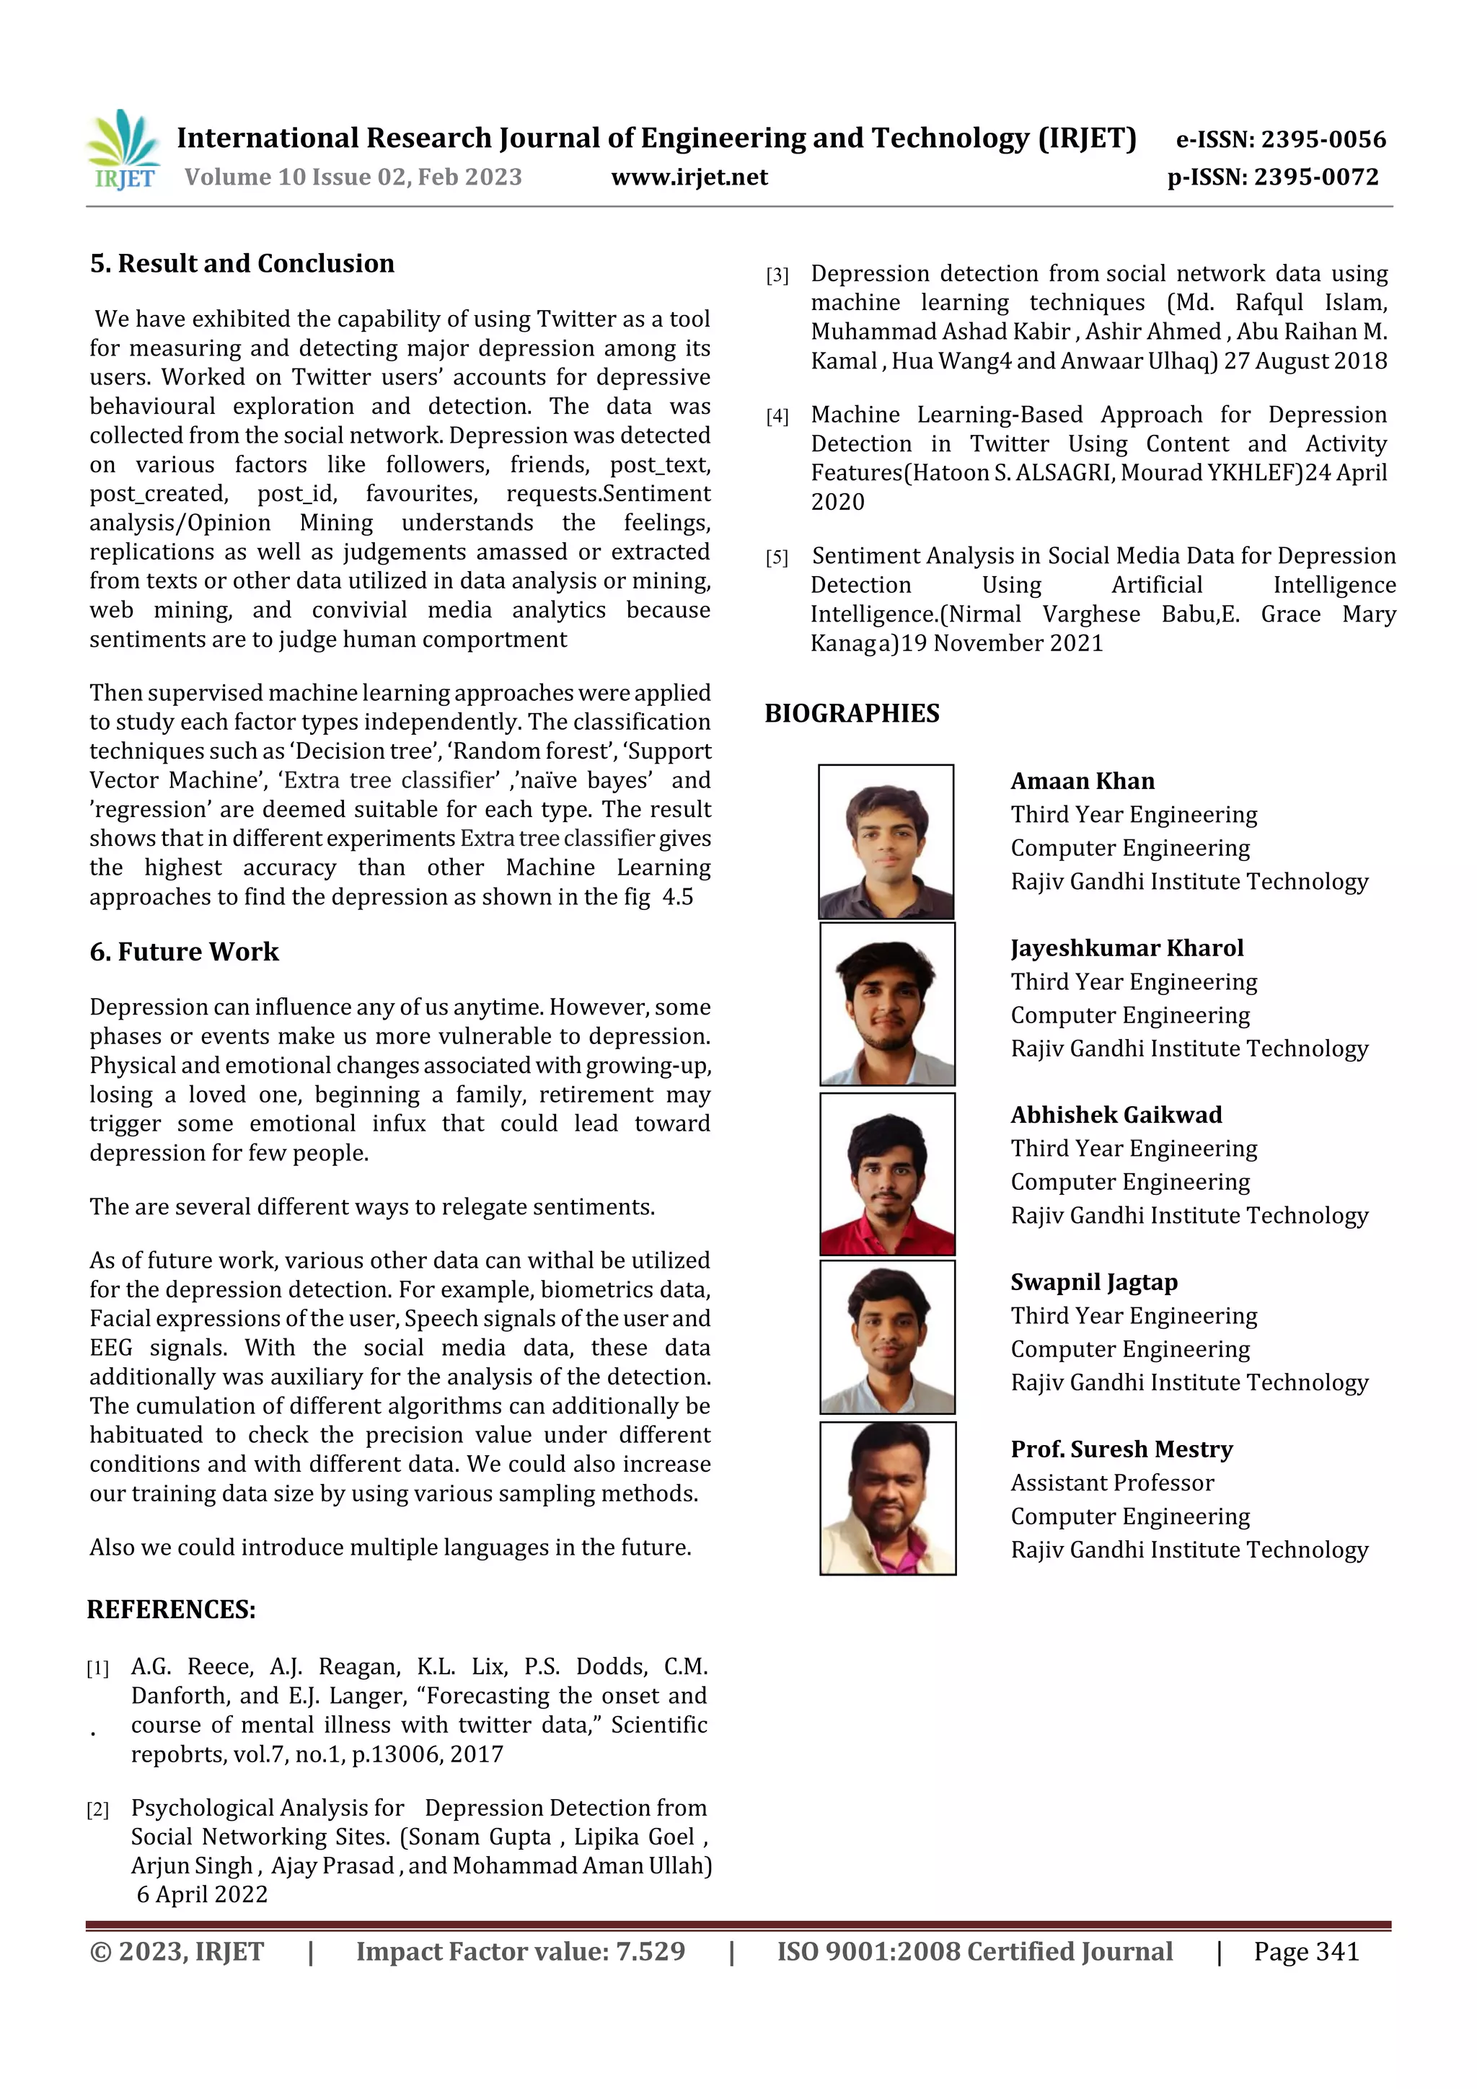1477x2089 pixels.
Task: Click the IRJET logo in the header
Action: tap(123, 150)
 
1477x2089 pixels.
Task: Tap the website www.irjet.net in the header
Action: tap(689, 177)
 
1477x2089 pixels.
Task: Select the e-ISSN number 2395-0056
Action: tap(1322, 139)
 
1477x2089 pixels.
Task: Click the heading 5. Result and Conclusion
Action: tap(242, 264)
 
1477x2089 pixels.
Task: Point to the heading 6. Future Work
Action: tap(184, 952)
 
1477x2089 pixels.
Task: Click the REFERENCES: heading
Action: tap(171, 1609)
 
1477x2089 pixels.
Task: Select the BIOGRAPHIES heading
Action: tap(852, 713)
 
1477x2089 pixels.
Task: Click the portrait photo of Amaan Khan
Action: tap(886, 842)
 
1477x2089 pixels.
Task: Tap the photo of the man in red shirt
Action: tap(887, 1175)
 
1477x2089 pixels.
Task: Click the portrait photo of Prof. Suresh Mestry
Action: tap(887, 1498)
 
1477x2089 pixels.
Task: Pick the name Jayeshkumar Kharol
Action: tap(1127, 948)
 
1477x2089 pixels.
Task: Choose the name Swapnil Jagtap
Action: tap(1094, 1282)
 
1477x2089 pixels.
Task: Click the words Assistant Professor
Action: tap(1112, 1483)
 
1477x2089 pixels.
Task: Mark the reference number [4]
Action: tap(777, 417)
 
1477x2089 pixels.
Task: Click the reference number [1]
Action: tap(97, 1669)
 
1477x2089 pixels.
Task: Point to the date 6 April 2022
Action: tap(202, 1894)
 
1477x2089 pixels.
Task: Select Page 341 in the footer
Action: tap(1306, 1951)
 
